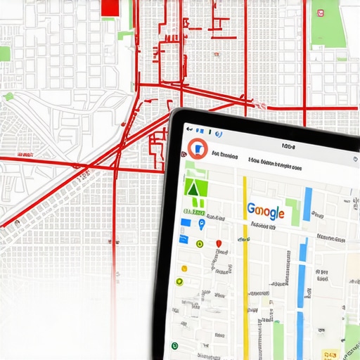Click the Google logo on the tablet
265,211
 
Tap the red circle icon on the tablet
198,148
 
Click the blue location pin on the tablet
202,224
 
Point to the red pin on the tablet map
219,243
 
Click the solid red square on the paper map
110,7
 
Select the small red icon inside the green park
319,12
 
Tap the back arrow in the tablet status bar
189,131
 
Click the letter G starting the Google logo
251,210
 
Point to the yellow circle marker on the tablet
184,268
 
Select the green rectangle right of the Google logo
292,211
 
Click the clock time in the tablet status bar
288,146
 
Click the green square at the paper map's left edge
4,53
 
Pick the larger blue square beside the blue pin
185,222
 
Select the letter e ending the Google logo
280,212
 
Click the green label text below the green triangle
193,211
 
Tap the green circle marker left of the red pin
200,243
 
